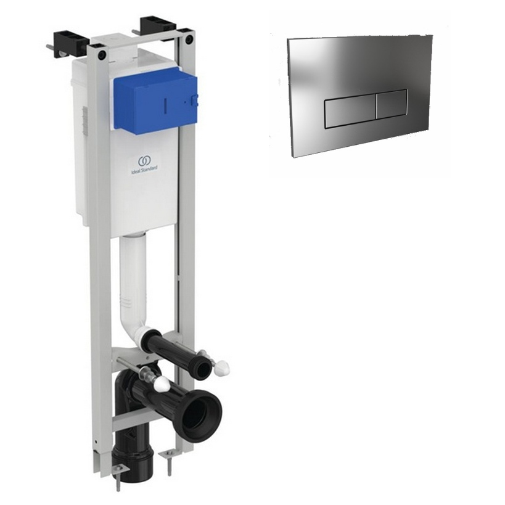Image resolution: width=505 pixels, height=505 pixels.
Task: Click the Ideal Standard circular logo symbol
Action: coord(143,160)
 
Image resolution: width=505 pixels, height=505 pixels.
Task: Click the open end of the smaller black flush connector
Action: coord(203,365)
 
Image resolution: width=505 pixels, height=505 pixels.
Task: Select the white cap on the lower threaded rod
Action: coord(162,384)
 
